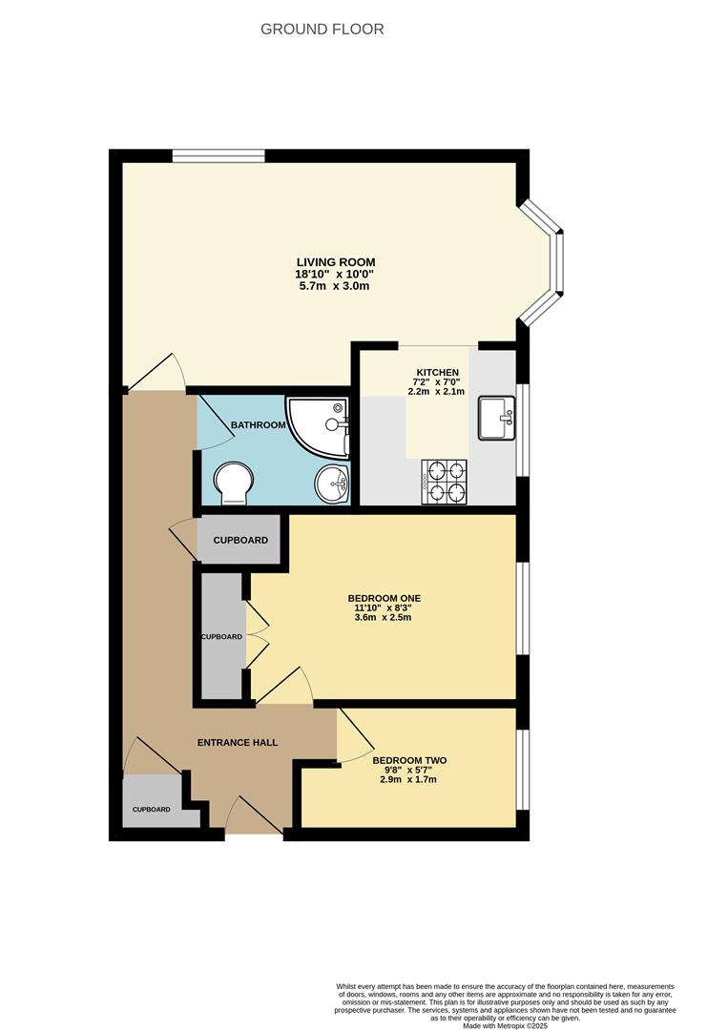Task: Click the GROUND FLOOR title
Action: coord(322,30)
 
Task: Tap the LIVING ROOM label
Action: coord(335,262)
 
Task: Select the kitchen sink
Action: coord(496,419)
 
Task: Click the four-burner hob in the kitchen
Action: coord(445,481)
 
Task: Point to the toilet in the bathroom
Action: coord(233,481)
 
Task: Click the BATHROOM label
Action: coord(259,425)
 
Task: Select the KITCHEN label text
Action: coord(438,372)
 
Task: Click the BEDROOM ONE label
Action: coord(385,599)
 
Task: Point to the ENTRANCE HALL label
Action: coord(238,742)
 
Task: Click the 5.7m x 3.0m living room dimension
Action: coord(335,286)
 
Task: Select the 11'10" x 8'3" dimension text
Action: coord(385,608)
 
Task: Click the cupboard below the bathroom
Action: coord(240,540)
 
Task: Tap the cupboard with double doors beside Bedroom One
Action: coord(221,636)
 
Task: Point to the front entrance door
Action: coord(255,818)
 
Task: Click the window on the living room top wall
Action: coord(218,155)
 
